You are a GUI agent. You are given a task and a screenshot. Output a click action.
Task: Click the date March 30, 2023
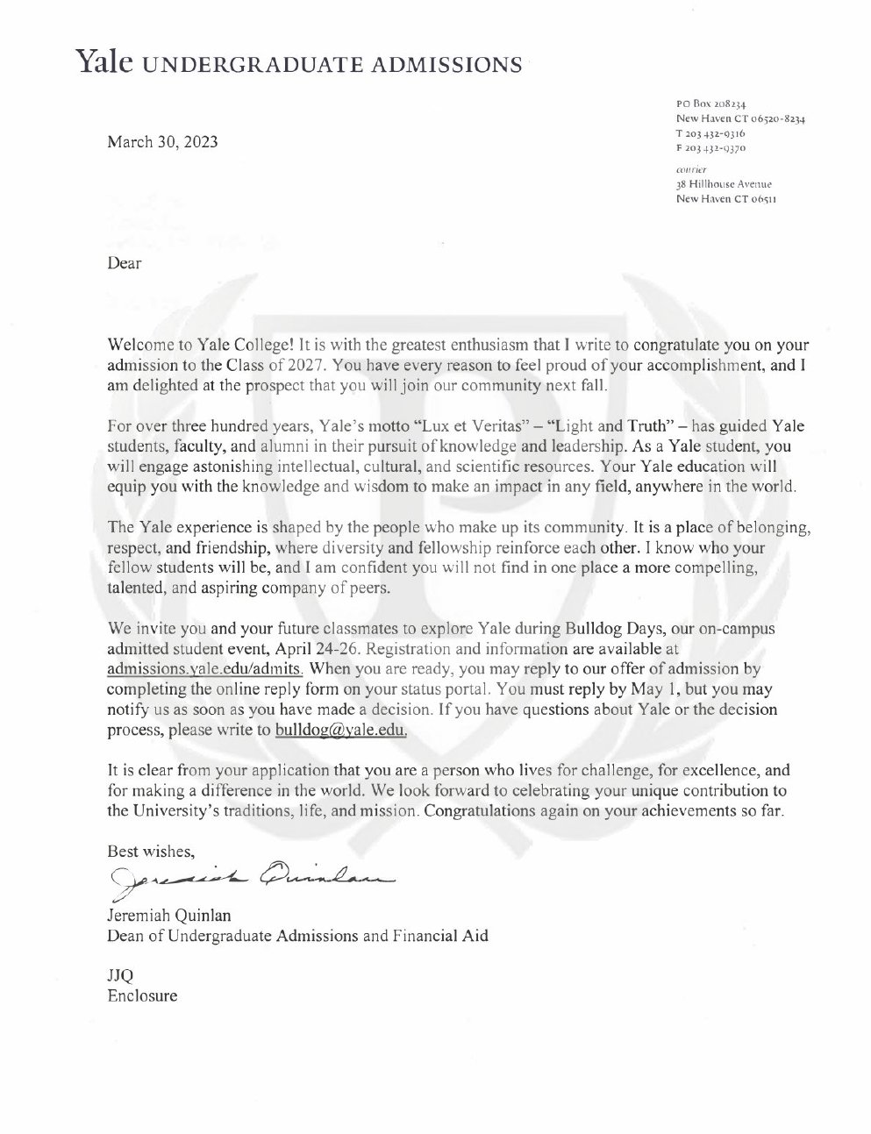pos(162,143)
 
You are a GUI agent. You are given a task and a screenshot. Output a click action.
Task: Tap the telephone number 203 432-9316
pos(710,132)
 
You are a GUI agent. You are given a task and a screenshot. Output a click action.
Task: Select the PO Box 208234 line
pos(710,103)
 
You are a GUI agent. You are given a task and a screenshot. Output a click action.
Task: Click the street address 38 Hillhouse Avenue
pos(724,184)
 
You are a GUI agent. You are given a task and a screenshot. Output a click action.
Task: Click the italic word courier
pos(692,169)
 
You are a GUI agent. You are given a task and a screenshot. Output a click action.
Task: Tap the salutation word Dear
pos(124,262)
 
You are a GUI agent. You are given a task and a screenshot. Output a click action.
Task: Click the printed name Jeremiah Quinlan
pos(169,916)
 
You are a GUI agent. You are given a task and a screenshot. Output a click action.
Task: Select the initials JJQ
pos(120,976)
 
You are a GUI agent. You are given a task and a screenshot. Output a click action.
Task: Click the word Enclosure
pos(142,995)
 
